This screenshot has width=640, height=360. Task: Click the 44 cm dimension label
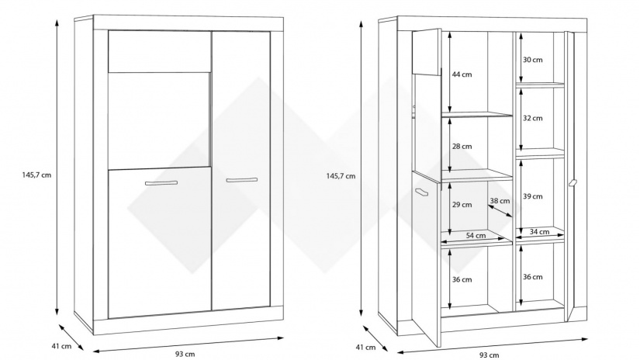[462, 74]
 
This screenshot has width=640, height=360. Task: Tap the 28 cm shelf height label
[462, 146]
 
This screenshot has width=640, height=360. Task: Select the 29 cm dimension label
[462, 205]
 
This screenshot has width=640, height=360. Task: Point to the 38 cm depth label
[500, 201]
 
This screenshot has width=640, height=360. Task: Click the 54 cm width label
[476, 235]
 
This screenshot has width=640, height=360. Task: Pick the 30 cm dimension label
[532, 60]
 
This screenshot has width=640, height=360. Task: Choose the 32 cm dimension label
[532, 118]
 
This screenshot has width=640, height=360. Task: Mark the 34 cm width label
[538, 231]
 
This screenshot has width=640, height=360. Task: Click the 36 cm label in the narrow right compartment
[532, 276]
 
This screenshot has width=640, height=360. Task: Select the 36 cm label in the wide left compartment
[462, 280]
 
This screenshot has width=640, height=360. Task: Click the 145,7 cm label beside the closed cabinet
[36, 175]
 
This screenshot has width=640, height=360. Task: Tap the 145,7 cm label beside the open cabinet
[341, 175]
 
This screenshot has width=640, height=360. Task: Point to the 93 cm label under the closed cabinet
[185, 354]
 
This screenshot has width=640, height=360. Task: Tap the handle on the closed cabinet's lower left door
[161, 183]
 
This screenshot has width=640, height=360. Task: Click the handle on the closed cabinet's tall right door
[241, 180]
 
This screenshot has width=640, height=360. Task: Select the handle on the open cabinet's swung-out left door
[423, 192]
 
